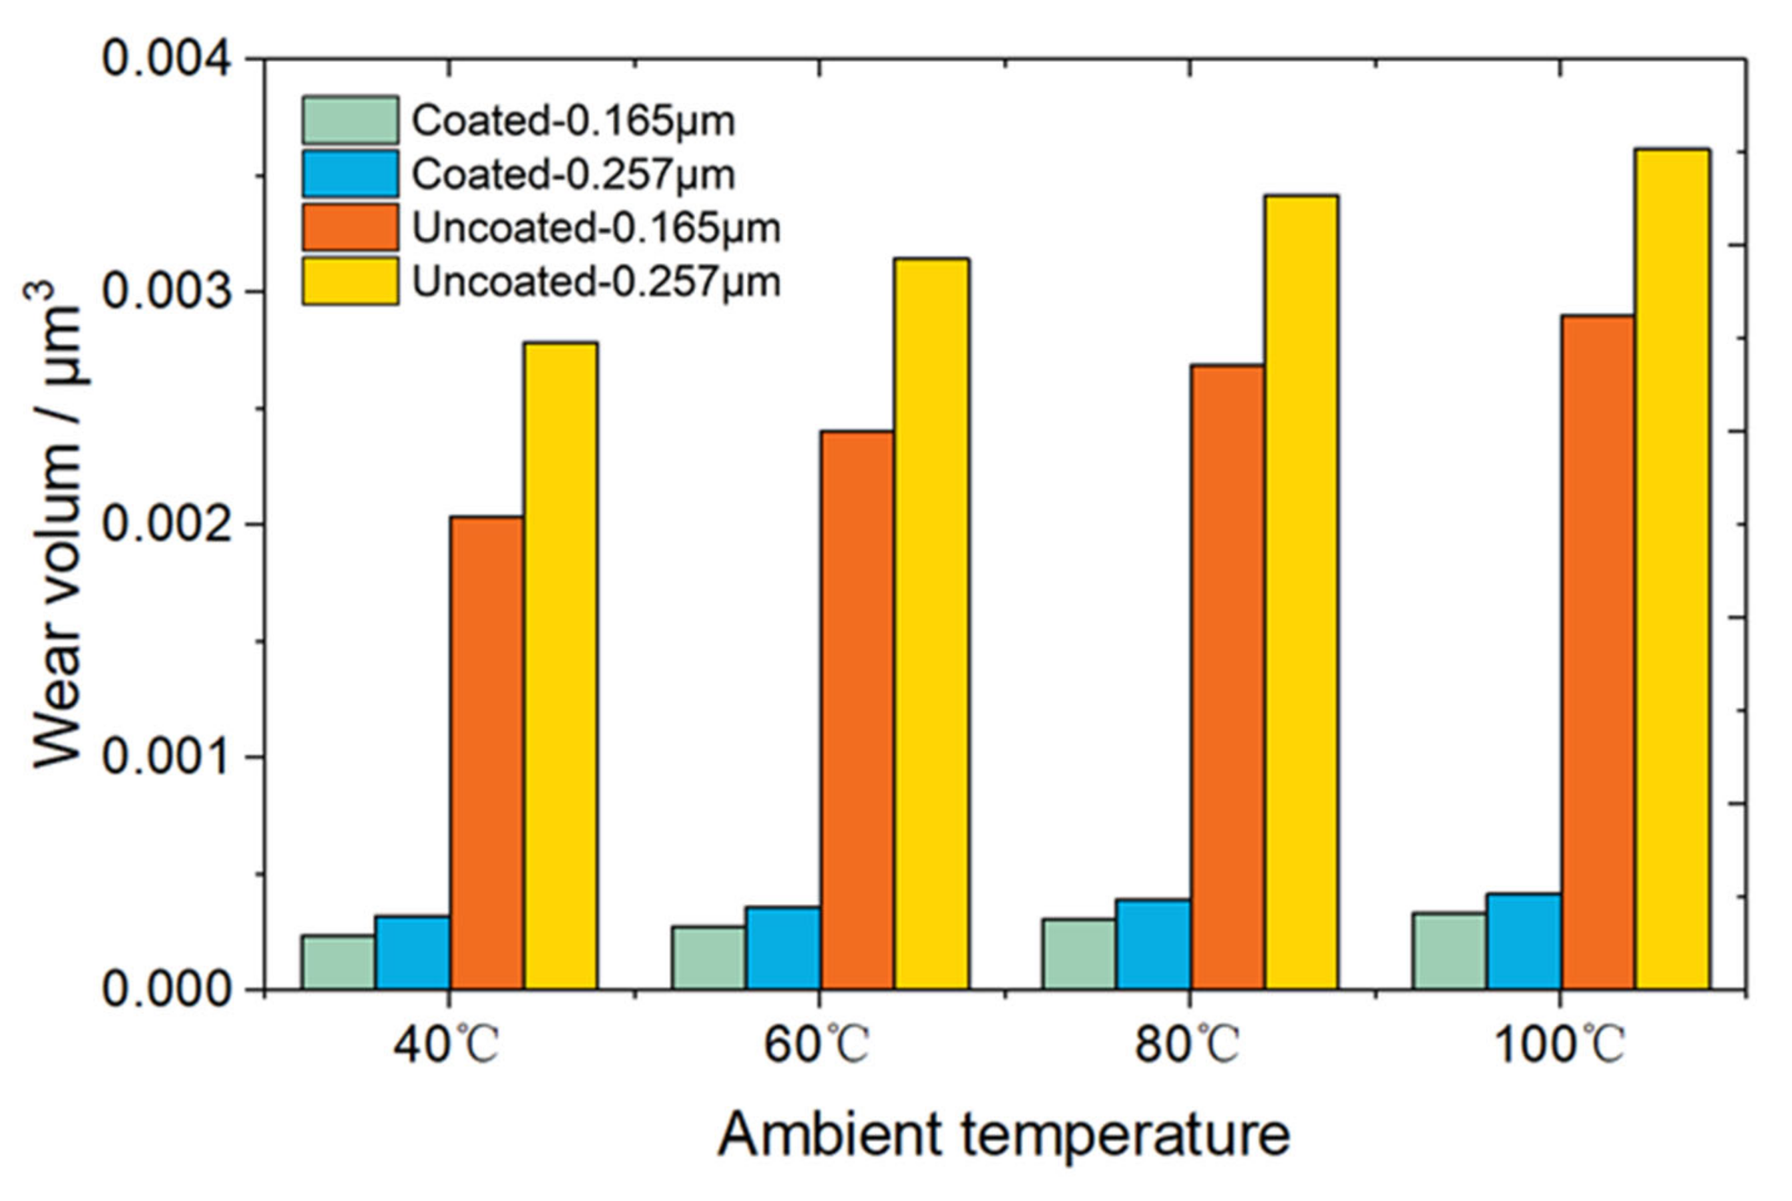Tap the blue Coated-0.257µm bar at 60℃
click(x=783, y=947)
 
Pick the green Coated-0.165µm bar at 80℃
click(x=1078, y=953)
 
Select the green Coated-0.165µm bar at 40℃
click(x=337, y=961)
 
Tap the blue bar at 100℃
click(x=1524, y=941)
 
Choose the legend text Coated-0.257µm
click(x=573, y=174)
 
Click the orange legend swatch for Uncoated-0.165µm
click(x=350, y=228)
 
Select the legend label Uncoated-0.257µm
click(x=596, y=282)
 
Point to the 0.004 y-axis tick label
click(x=166, y=59)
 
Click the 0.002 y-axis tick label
click(x=166, y=525)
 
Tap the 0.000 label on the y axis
click(x=166, y=989)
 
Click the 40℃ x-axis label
click(x=447, y=1045)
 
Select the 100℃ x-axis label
click(x=1559, y=1045)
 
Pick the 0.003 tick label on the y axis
click(x=166, y=292)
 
